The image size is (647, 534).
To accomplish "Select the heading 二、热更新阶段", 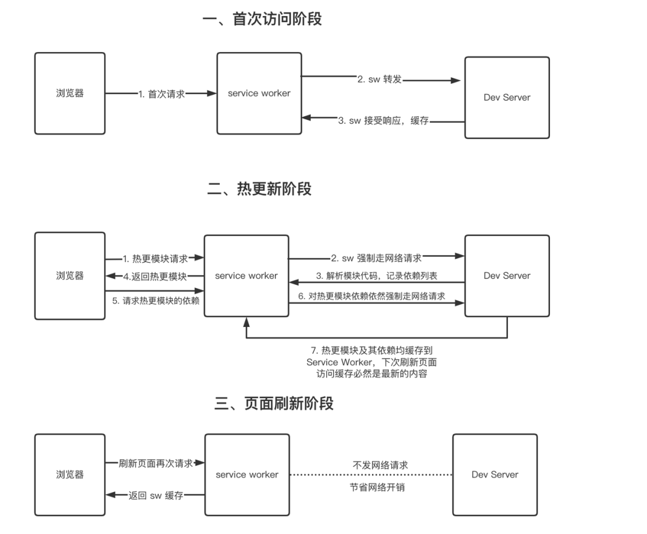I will [259, 189].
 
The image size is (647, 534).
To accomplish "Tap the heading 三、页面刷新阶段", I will [274, 403].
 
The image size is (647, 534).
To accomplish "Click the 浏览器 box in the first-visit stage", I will [69, 93].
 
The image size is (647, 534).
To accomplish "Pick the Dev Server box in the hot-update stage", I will [507, 276].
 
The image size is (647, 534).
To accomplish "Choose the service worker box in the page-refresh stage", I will [247, 474].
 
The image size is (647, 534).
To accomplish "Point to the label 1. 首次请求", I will [161, 94].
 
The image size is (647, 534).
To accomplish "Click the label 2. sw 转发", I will [379, 79].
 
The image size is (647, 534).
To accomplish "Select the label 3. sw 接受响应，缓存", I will [383, 121].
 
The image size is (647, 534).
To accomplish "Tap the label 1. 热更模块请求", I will [155, 259].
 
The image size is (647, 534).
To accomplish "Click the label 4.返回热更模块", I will [155, 276].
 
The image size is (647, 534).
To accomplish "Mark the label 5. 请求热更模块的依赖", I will [155, 301].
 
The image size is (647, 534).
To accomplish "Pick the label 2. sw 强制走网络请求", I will [376, 258].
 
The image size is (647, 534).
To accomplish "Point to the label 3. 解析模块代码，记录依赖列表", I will [376, 276].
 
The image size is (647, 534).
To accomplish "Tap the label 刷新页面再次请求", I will [156, 463].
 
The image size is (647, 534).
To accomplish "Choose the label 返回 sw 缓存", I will [156, 496].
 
